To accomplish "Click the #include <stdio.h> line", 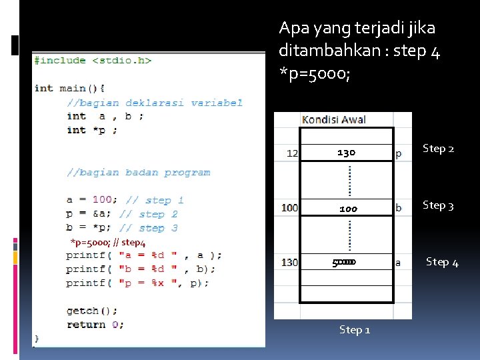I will [x=93, y=61].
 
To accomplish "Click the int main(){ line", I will [x=69, y=88].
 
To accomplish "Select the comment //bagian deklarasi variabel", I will [x=154, y=103].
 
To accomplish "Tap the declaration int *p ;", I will [x=92, y=130].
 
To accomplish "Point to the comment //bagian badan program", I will [x=138, y=172].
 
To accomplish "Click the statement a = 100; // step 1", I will [x=125, y=200].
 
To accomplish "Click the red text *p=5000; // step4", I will [x=108, y=242].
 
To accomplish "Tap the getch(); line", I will [x=92, y=311].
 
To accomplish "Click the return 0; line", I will [x=95, y=325].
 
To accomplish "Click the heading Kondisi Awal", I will [x=334, y=120].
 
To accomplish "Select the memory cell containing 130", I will [x=346, y=153].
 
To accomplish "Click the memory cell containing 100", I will [x=347, y=209].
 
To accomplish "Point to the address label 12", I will [x=292, y=153].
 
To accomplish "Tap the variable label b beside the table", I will [x=399, y=208].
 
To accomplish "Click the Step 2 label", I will [x=439, y=149].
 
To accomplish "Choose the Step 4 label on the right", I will [x=442, y=262].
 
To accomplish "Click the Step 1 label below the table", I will [x=355, y=329].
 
